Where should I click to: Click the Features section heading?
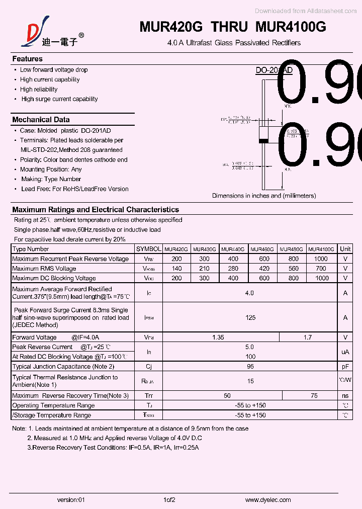click(27, 59)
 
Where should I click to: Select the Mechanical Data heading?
click(41, 120)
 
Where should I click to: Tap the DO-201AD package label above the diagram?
click(274, 71)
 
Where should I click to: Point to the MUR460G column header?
click(262, 249)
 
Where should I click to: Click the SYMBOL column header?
click(148, 249)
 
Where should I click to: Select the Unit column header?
click(345, 249)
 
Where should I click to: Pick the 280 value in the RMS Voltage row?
click(233, 269)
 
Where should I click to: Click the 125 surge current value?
click(250, 317)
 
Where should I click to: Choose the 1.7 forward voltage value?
click(308, 337)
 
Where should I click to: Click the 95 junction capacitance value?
click(250, 367)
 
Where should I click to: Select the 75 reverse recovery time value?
click(314, 396)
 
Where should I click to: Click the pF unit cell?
click(345, 367)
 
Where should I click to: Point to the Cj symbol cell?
click(148, 367)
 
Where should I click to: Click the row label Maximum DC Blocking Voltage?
click(54, 278)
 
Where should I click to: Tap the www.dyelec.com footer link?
click(268, 500)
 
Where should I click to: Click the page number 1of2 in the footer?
click(169, 500)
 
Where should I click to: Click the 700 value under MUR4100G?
click(321, 269)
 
